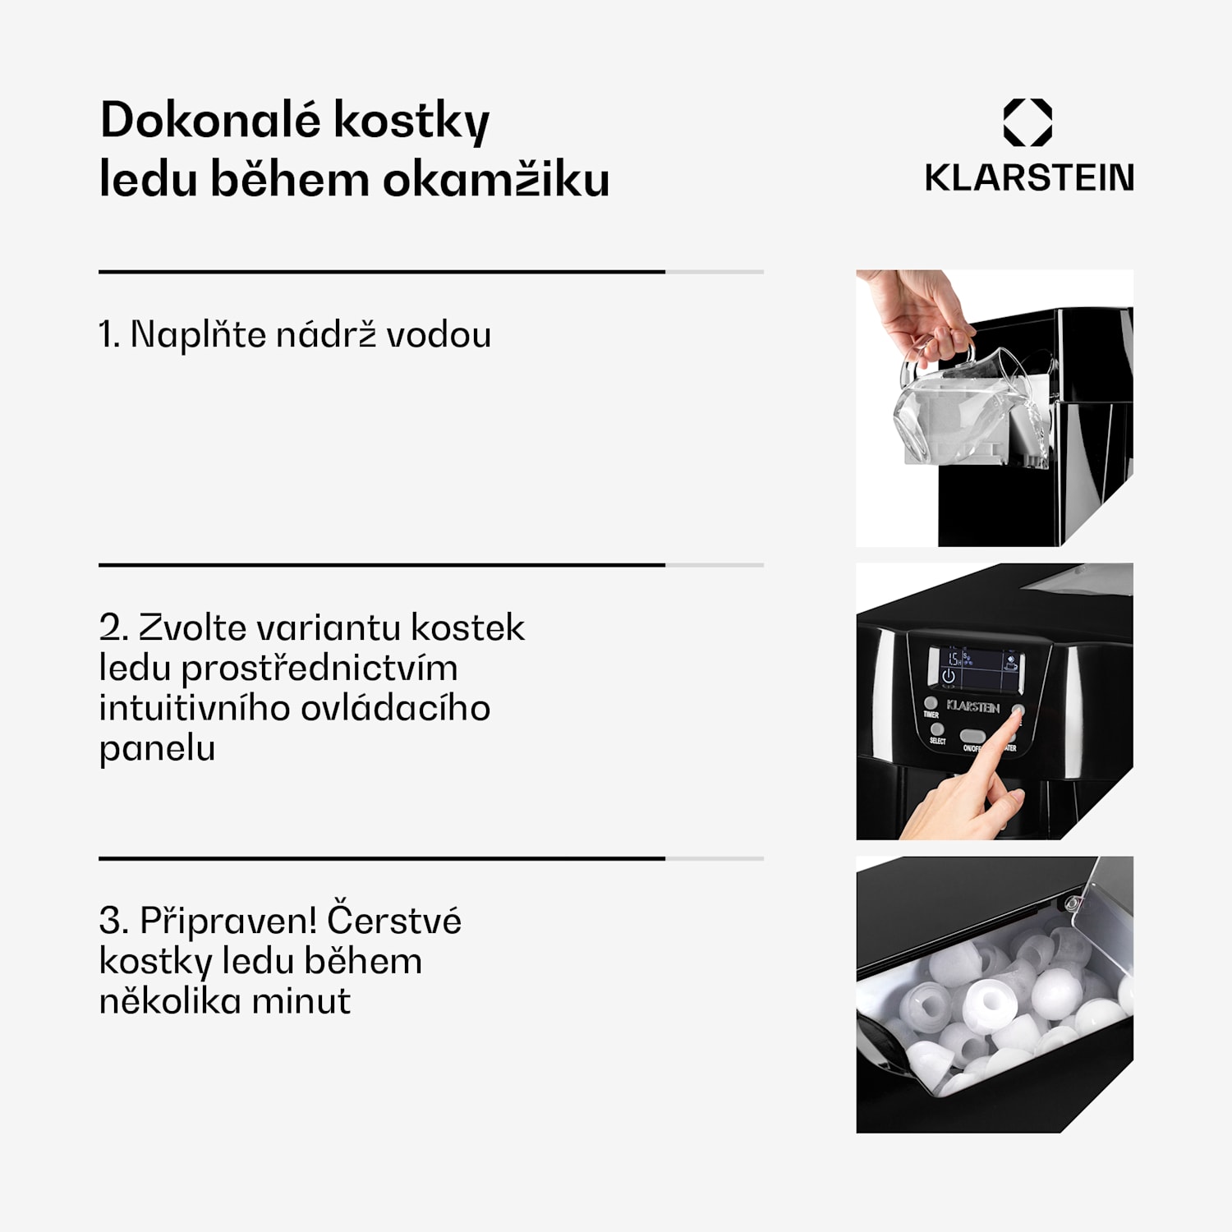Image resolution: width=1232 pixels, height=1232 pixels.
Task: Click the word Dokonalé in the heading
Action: pyautogui.click(x=209, y=120)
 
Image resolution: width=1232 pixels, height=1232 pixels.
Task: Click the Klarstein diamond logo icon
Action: pyautogui.click(x=1027, y=122)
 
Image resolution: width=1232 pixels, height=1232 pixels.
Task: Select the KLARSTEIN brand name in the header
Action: pyautogui.click(x=1028, y=177)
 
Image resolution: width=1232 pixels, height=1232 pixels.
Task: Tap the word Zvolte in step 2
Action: pyautogui.click(x=191, y=627)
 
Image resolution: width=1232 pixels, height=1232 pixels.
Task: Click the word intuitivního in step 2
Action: pyautogui.click(x=192, y=708)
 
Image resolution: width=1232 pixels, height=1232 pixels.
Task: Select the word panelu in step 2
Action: pyautogui.click(x=157, y=748)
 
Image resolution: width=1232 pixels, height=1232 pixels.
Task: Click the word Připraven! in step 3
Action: pyautogui.click(x=228, y=921)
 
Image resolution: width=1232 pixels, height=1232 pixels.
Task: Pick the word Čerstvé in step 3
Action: pyautogui.click(x=394, y=921)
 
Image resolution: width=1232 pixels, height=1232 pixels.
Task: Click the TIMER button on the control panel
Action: pyautogui.click(x=931, y=704)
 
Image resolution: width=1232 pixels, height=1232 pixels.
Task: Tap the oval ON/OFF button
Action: pyautogui.click(x=972, y=736)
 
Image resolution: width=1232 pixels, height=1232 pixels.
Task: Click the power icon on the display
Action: pyautogui.click(x=949, y=676)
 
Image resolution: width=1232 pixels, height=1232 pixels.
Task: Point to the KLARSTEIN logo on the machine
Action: pyautogui.click(x=973, y=706)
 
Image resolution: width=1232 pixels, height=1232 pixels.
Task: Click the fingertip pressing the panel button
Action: pyautogui.click(x=1015, y=716)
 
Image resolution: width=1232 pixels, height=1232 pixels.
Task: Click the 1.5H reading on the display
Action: pyautogui.click(x=953, y=659)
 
